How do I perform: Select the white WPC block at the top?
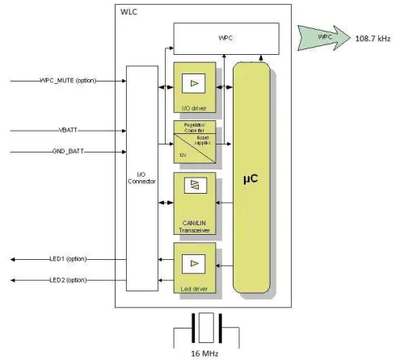click(226, 38)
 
